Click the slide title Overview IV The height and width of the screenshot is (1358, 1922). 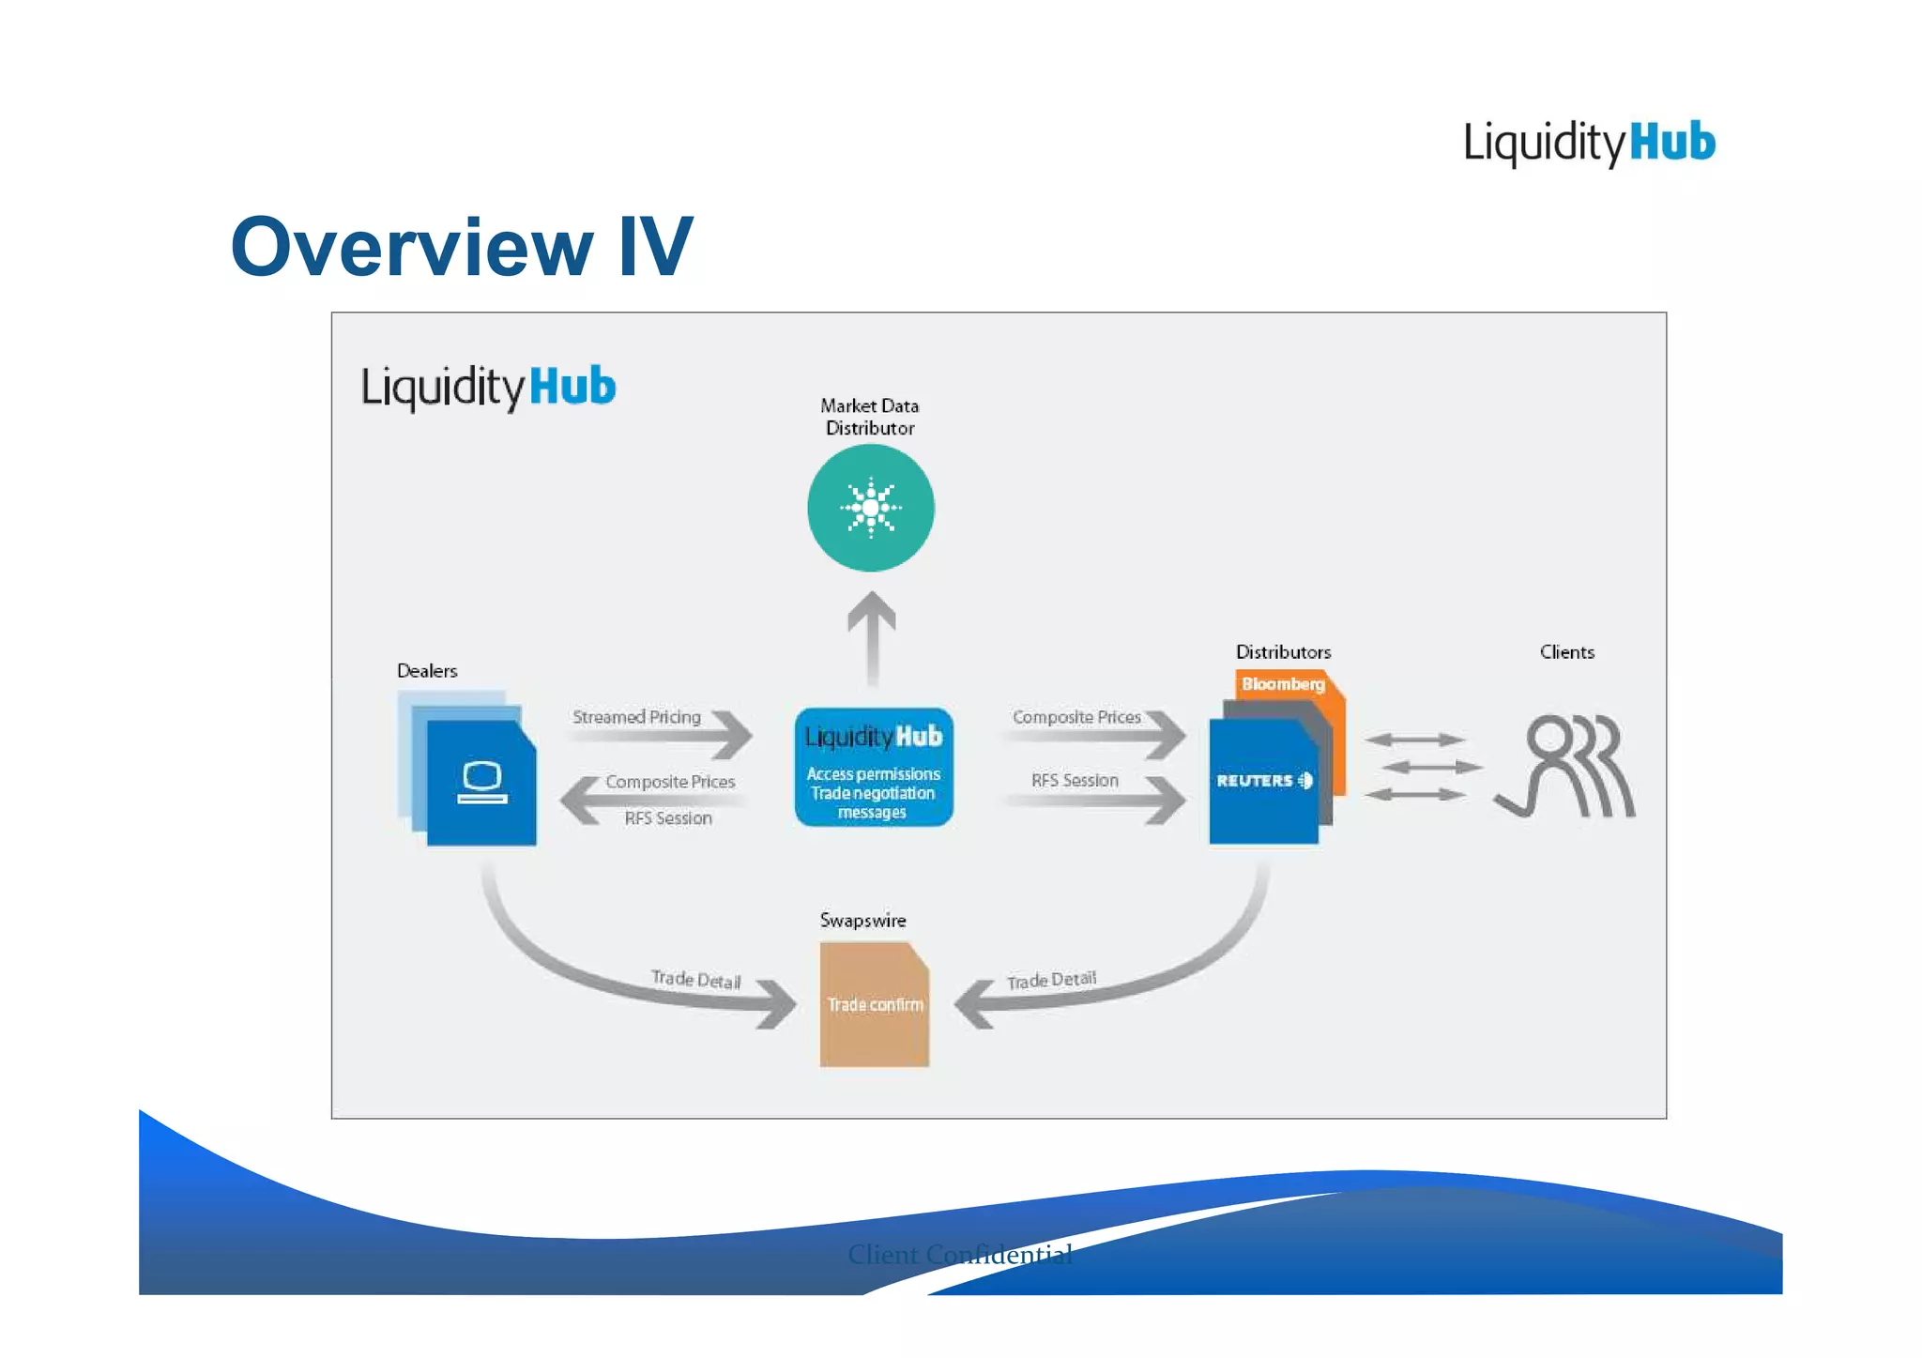tap(461, 247)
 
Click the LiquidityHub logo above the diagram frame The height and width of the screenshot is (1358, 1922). tap(1589, 144)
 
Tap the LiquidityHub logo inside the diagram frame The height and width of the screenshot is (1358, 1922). tap(488, 388)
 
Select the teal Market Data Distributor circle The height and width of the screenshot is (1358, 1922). tap(870, 508)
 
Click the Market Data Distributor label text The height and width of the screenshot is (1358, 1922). tap(869, 417)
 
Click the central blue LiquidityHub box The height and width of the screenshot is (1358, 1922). tap(873, 768)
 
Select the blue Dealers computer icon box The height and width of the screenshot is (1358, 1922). tap(481, 783)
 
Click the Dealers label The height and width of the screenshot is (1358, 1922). tap(427, 671)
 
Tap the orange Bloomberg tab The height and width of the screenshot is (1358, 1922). tap(1283, 684)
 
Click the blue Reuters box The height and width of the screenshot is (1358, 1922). tap(1262, 782)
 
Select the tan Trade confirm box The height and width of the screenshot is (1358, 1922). tap(874, 1004)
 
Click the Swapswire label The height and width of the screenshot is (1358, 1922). tap(862, 921)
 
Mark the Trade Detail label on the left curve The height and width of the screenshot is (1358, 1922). tap(695, 979)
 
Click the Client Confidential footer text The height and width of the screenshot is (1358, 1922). tap(959, 1254)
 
